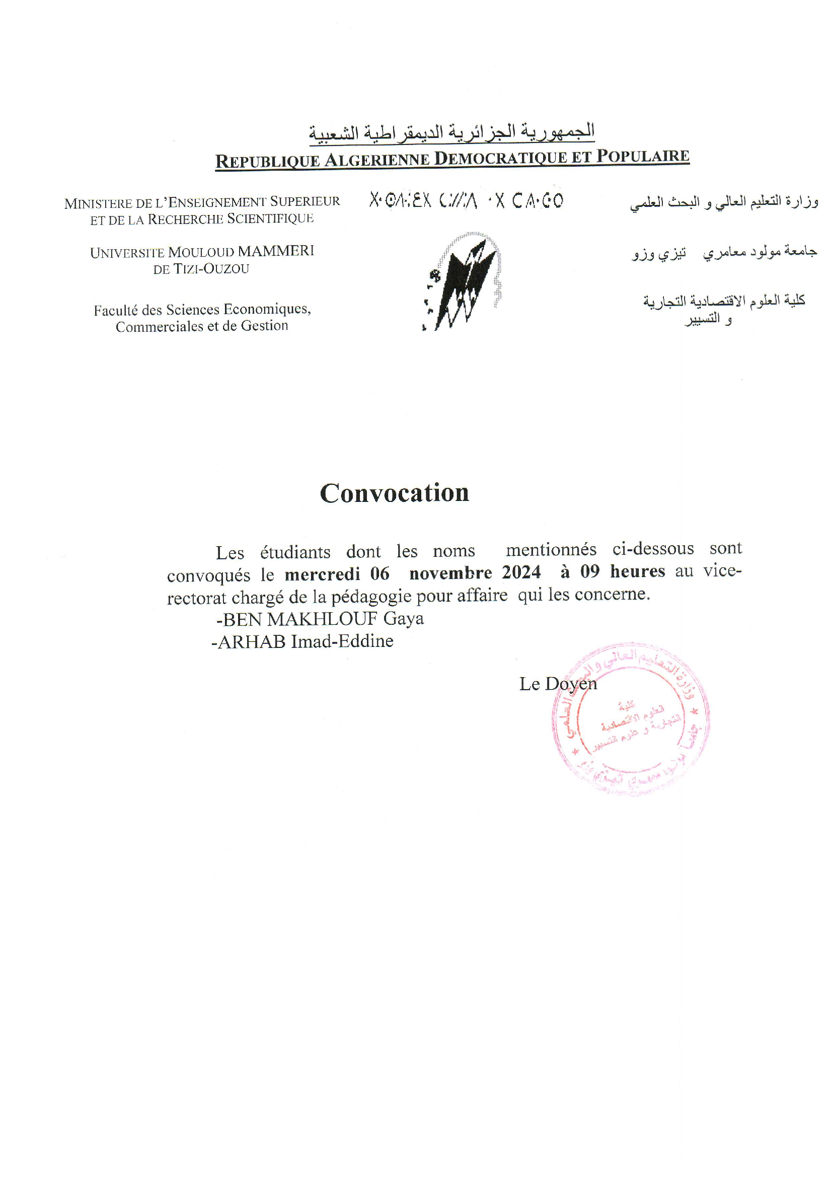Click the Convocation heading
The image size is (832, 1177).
tap(394, 493)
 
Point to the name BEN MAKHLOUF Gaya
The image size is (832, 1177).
tap(321, 619)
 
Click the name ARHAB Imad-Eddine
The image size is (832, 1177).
tap(303, 641)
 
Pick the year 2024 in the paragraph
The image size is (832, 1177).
tap(521, 572)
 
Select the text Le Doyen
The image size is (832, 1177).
tap(558, 684)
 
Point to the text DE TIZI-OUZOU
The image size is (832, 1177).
tap(201, 269)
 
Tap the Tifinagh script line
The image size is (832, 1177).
tap(466, 200)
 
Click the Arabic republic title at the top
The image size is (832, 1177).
tap(451, 132)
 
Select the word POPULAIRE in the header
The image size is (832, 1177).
tap(643, 156)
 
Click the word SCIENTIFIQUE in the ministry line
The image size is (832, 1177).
tap(270, 218)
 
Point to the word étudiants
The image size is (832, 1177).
tap(295, 552)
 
